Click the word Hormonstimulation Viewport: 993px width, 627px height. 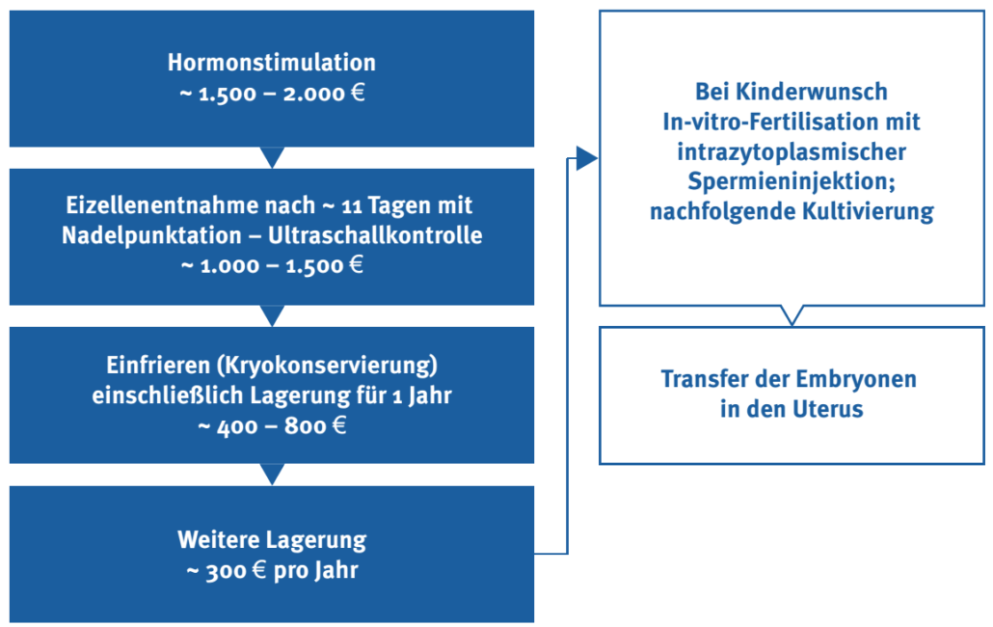coord(272,63)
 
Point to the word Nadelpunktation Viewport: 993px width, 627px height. coord(151,235)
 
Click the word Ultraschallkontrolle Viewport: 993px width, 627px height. coord(375,235)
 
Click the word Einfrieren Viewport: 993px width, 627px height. coord(158,366)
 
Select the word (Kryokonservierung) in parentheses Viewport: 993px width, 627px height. coord(327,366)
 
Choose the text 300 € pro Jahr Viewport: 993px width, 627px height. coord(282,571)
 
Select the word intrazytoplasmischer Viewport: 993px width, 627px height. coord(792,152)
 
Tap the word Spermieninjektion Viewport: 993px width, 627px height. coord(790,181)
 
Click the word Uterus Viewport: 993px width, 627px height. coord(828,409)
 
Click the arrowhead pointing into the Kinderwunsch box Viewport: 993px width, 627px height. coord(587,158)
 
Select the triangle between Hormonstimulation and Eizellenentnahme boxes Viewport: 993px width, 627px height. coord(272,157)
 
